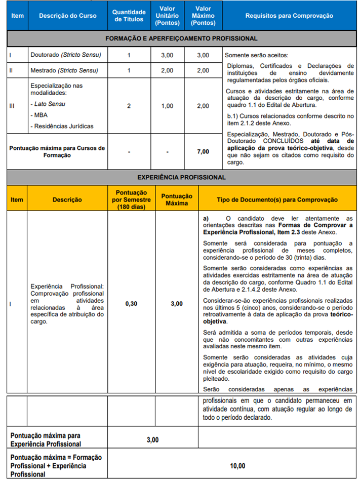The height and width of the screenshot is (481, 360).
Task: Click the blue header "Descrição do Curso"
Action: tap(68, 16)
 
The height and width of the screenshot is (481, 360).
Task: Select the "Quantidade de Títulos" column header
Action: tap(129, 16)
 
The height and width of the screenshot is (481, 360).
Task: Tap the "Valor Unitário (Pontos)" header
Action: tap(167, 16)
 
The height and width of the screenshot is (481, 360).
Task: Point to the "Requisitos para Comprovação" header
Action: tap(289, 16)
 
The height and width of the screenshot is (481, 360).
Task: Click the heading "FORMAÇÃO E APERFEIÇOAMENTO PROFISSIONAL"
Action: tap(181, 38)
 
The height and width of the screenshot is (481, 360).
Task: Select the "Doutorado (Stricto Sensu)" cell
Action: tap(66, 55)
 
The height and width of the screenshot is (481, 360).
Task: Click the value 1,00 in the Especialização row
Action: tap(167, 106)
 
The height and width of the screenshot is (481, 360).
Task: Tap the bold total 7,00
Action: tap(203, 152)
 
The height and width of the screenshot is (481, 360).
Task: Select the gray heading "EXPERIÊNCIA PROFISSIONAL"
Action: tap(181, 178)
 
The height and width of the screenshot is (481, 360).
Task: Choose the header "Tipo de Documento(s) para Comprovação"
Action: tap(277, 199)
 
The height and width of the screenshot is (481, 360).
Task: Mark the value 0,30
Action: tap(131, 304)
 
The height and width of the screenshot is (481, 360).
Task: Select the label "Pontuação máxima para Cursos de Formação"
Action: tap(57, 152)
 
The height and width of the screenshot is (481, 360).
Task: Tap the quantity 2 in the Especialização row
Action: tap(129, 106)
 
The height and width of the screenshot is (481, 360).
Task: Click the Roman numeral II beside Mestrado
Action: tap(11, 70)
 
